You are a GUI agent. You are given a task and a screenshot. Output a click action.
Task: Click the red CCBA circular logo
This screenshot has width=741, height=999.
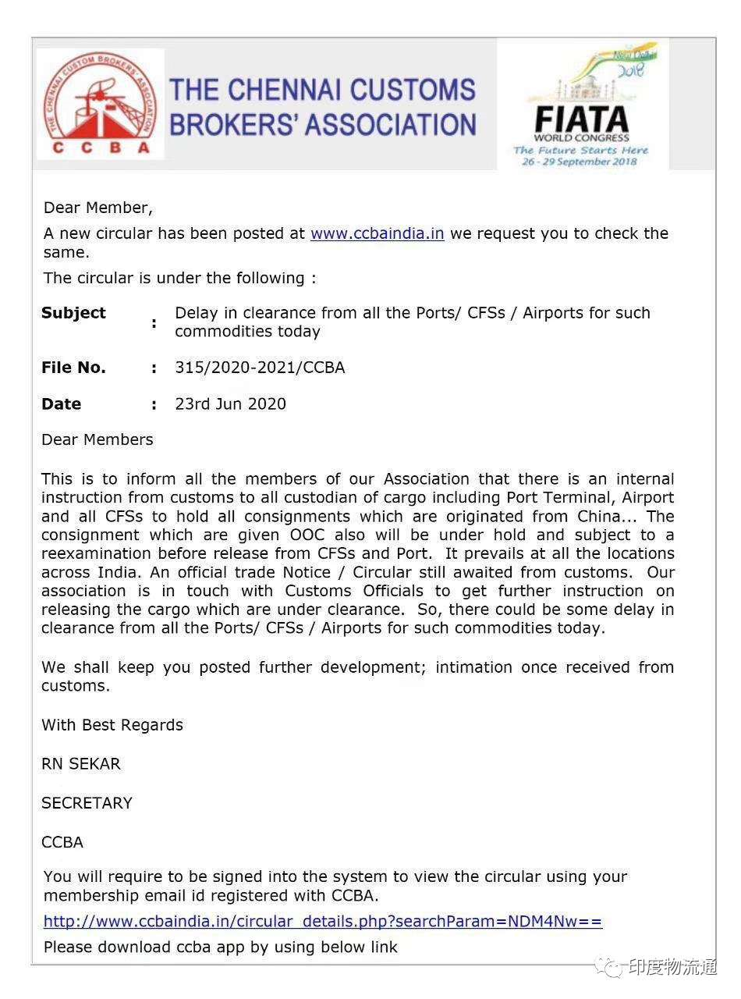coord(100,103)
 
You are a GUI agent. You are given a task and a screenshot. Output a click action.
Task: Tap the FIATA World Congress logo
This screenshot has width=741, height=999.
coord(582,105)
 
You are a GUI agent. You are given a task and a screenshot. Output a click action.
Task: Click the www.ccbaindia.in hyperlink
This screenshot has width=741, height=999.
coord(377,233)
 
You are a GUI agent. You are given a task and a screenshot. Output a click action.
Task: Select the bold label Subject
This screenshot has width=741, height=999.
coord(73,313)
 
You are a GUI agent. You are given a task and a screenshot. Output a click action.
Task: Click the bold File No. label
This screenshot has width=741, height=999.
coord(73,368)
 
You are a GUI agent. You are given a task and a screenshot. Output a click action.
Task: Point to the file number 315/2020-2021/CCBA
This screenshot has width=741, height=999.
coord(259,368)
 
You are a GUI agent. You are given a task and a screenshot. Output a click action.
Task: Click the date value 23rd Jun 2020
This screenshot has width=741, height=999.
coord(230,404)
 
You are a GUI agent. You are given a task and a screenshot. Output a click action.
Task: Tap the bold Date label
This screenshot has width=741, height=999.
coord(61,404)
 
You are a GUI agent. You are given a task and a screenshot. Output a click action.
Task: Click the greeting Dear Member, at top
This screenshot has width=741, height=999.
coord(98,208)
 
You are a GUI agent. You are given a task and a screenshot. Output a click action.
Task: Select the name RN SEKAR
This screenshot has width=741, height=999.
coord(81,764)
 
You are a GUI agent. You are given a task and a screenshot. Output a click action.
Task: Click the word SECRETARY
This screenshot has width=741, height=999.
coord(87,803)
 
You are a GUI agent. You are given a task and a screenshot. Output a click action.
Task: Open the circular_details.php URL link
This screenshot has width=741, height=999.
coord(323,922)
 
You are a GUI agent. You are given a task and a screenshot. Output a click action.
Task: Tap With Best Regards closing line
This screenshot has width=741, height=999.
coord(112,725)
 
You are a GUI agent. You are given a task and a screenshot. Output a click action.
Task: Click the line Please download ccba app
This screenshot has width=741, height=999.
coord(221,947)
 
